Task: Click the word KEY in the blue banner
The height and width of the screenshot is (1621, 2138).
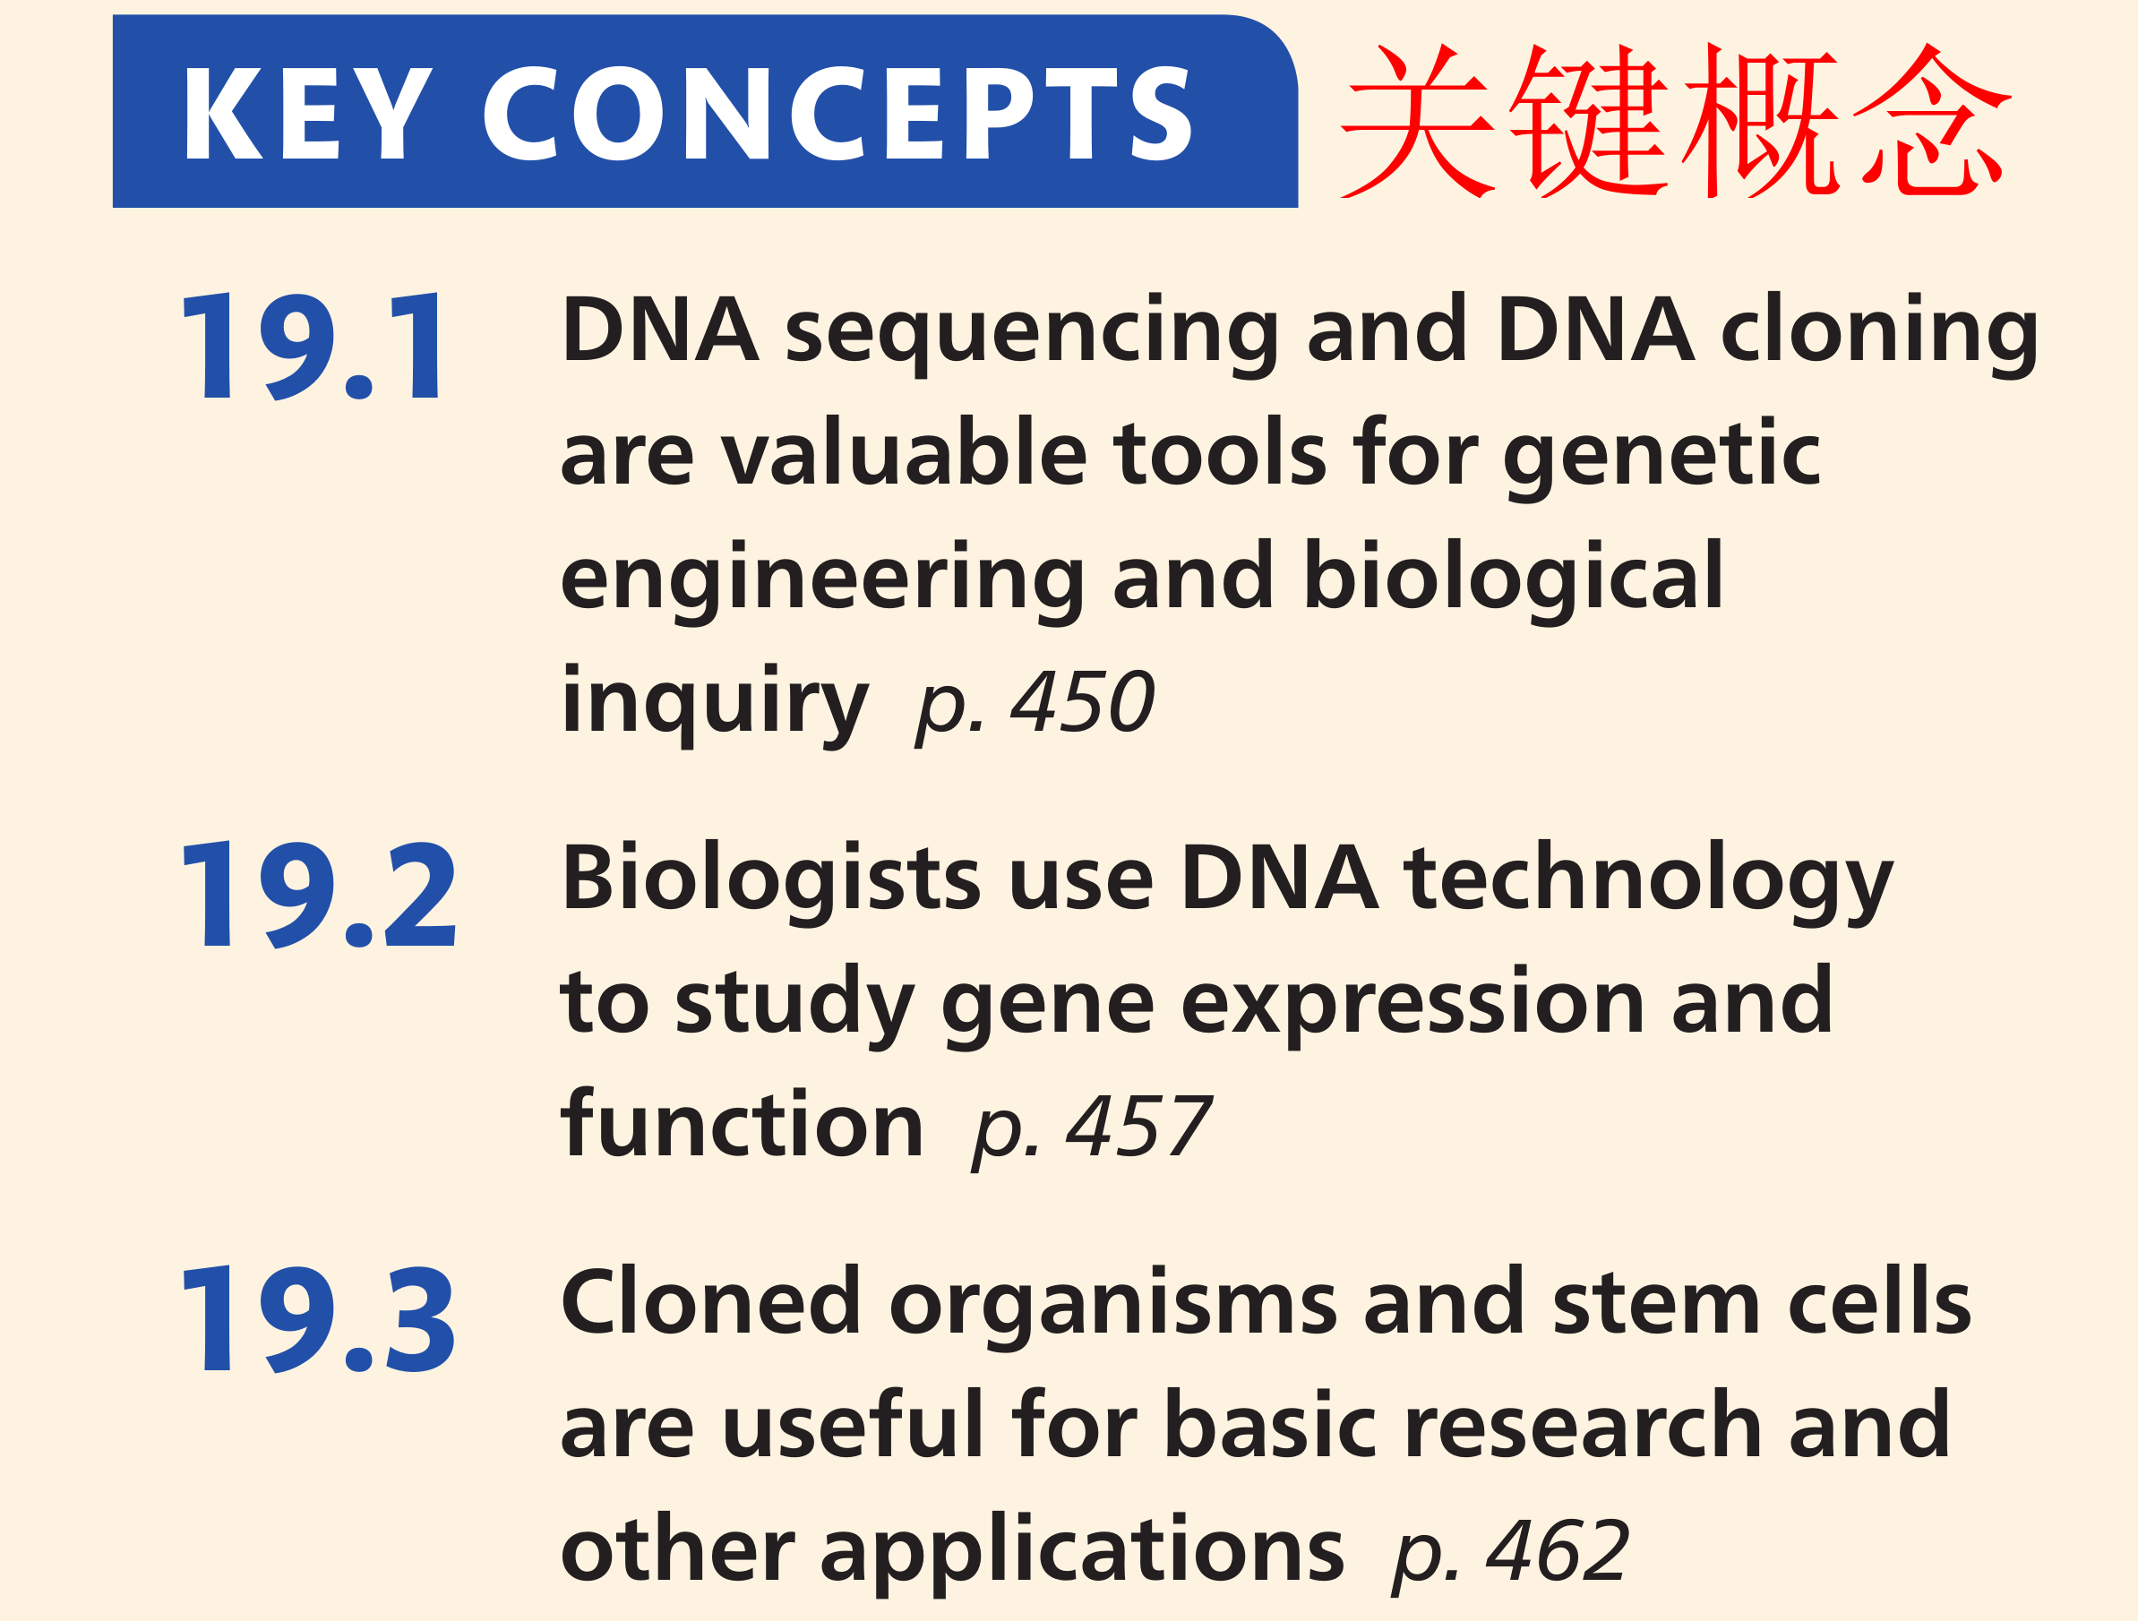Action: [307, 113]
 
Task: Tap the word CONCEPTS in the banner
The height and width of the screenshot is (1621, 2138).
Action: [838, 113]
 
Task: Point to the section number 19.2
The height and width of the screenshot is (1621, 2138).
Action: [318, 894]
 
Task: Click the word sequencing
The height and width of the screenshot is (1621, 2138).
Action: [1032, 334]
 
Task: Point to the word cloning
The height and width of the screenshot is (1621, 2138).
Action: [1880, 334]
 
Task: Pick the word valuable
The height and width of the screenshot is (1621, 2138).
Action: [904, 452]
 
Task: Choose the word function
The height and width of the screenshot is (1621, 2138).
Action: [743, 1123]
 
